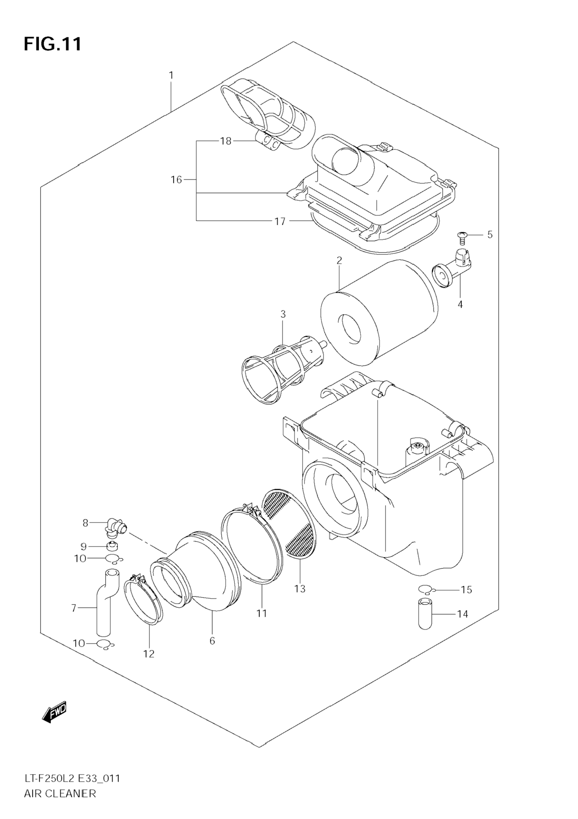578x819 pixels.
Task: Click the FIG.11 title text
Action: pyautogui.click(x=53, y=44)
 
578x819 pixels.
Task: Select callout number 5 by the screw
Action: pyautogui.click(x=490, y=235)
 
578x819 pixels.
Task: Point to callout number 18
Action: pyautogui.click(x=226, y=141)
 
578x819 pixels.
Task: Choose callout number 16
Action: pyautogui.click(x=176, y=180)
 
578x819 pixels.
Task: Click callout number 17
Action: pyautogui.click(x=280, y=222)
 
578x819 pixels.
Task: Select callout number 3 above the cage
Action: pyautogui.click(x=283, y=314)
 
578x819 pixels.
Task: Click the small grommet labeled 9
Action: pyautogui.click(x=113, y=546)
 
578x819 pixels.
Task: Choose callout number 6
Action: pyautogui.click(x=212, y=641)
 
